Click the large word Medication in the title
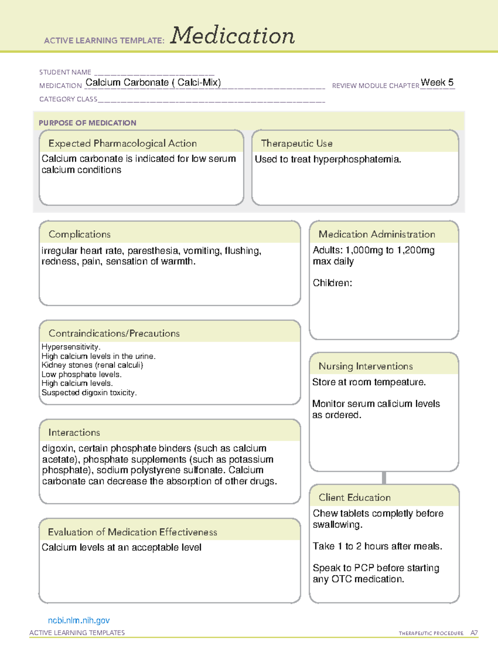[x=232, y=36]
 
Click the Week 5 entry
[x=437, y=82]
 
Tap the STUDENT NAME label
[x=65, y=72]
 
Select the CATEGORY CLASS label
[x=68, y=99]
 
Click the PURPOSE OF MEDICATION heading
[x=88, y=123]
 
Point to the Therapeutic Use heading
[x=297, y=143]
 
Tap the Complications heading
[x=80, y=234]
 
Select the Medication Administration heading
[x=377, y=234]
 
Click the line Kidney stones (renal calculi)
[x=92, y=365]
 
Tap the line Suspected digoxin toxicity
[x=89, y=392]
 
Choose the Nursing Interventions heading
[x=366, y=366]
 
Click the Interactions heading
[x=74, y=433]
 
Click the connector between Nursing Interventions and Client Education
[x=384, y=478]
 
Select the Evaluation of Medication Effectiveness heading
[x=132, y=532]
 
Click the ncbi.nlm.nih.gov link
[x=79, y=620]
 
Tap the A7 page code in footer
[x=474, y=633]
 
